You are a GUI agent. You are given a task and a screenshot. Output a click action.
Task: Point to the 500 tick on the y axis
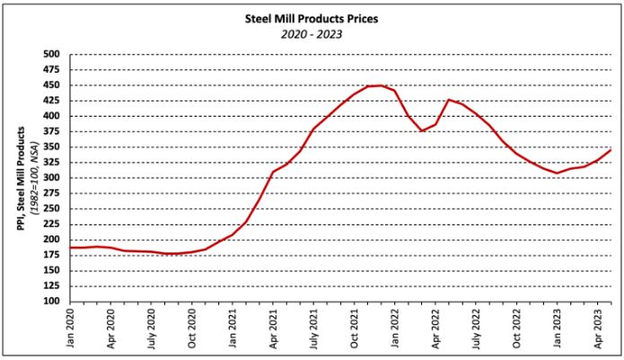point(52,55)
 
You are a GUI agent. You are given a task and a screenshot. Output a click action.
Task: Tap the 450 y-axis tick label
point(52,85)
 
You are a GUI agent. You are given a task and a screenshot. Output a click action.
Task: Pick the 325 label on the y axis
point(52,162)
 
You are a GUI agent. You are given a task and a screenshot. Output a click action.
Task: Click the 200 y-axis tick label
point(52,240)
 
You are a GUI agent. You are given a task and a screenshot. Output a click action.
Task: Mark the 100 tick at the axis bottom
point(52,302)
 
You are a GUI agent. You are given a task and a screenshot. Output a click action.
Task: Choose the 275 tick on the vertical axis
point(52,194)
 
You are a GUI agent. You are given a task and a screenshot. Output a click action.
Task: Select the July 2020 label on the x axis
point(152,327)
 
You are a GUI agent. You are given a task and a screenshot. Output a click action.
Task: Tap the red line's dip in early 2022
point(422,131)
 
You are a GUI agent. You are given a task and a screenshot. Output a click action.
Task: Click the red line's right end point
point(611,150)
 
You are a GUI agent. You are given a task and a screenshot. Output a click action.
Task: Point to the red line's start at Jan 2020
point(71,247)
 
